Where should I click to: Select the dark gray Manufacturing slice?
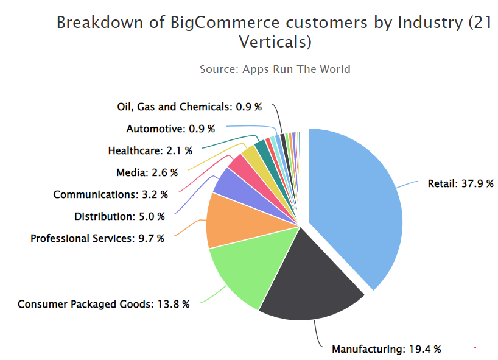pos(304,280)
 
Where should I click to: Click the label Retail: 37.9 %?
pos(460,183)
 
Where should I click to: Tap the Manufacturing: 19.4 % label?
pos(386,349)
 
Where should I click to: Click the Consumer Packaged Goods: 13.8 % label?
pos(103,303)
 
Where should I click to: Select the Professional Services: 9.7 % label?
pos(97,238)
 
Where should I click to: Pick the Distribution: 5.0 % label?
pos(119,216)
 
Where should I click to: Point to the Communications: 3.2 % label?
pos(109,194)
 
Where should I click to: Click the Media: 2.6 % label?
pos(147,172)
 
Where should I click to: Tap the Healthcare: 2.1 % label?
pos(150,150)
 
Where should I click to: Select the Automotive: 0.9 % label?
pos(170,129)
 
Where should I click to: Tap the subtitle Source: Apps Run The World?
pos(275,69)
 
